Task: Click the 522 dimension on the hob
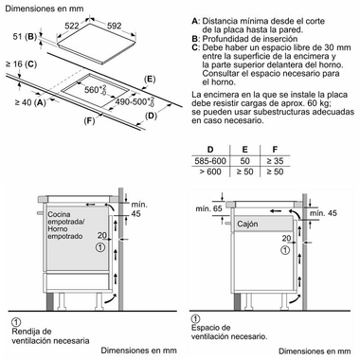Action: pyautogui.click(x=72, y=26)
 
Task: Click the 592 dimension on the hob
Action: pyautogui.click(x=114, y=26)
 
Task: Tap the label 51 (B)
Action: pyautogui.click(x=25, y=37)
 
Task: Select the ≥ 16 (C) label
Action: pyautogui.click(x=21, y=64)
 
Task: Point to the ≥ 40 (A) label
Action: pyautogui.click(x=30, y=102)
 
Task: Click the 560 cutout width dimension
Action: pyautogui.click(x=96, y=90)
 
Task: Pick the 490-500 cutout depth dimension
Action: pyautogui.click(x=135, y=101)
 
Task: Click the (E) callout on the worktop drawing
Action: pyautogui.click(x=150, y=79)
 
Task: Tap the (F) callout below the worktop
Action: pyautogui.click(x=89, y=120)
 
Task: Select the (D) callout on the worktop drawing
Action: pyautogui.click(x=151, y=116)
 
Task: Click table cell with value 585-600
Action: pyautogui.click(x=210, y=161)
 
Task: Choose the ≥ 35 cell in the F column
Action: pyautogui.click(x=275, y=161)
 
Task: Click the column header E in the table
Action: pyautogui.click(x=244, y=150)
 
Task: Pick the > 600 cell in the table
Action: pyautogui.click(x=210, y=172)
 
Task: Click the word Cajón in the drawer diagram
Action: pyautogui.click(x=247, y=224)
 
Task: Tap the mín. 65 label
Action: pyautogui.click(x=208, y=208)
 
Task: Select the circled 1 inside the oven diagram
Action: pyautogui.click(x=100, y=247)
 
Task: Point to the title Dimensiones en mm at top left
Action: pyautogui.click(x=45, y=9)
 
